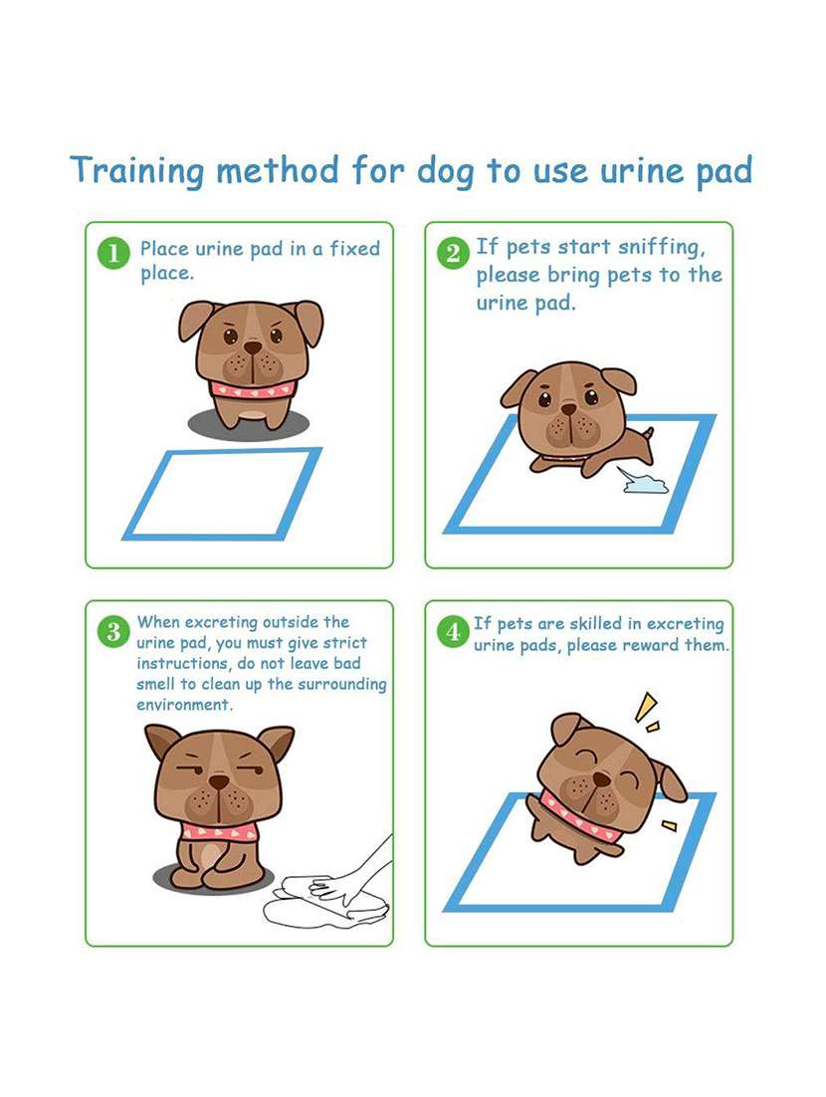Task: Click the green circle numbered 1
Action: point(113,253)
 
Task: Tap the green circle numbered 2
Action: point(453,253)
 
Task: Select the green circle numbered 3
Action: point(113,630)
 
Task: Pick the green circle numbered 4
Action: point(453,630)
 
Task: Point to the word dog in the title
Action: point(444,170)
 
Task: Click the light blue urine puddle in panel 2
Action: point(645,485)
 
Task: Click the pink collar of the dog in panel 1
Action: point(252,389)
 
